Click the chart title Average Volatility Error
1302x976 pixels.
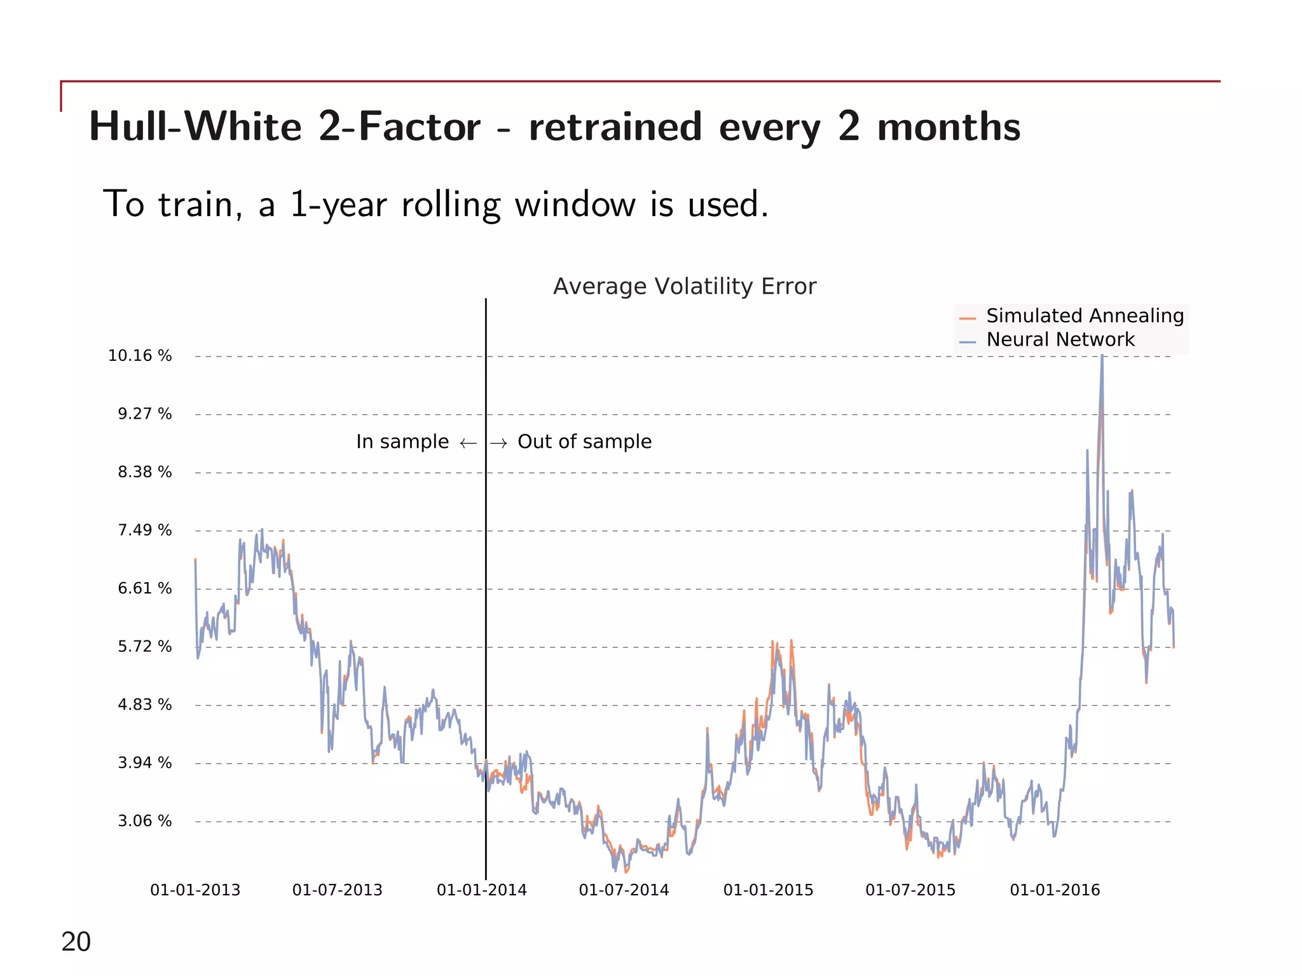pos(684,287)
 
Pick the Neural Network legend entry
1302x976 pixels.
pos(1060,340)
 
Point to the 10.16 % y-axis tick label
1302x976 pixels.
pos(140,356)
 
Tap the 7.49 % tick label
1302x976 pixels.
pos(144,531)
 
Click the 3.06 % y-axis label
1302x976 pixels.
pos(144,821)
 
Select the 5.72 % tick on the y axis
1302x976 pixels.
pos(144,647)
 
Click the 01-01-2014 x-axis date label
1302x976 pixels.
pos(481,890)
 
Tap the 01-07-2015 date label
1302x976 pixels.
pos(910,890)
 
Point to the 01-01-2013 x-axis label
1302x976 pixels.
pos(195,890)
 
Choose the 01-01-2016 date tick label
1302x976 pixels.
pos(1055,890)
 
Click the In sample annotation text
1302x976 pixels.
pos(402,442)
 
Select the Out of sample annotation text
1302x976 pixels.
pos(584,442)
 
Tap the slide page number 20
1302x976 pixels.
pos(76,942)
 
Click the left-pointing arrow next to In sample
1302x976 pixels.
pos(468,443)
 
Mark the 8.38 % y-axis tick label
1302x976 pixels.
pos(144,472)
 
